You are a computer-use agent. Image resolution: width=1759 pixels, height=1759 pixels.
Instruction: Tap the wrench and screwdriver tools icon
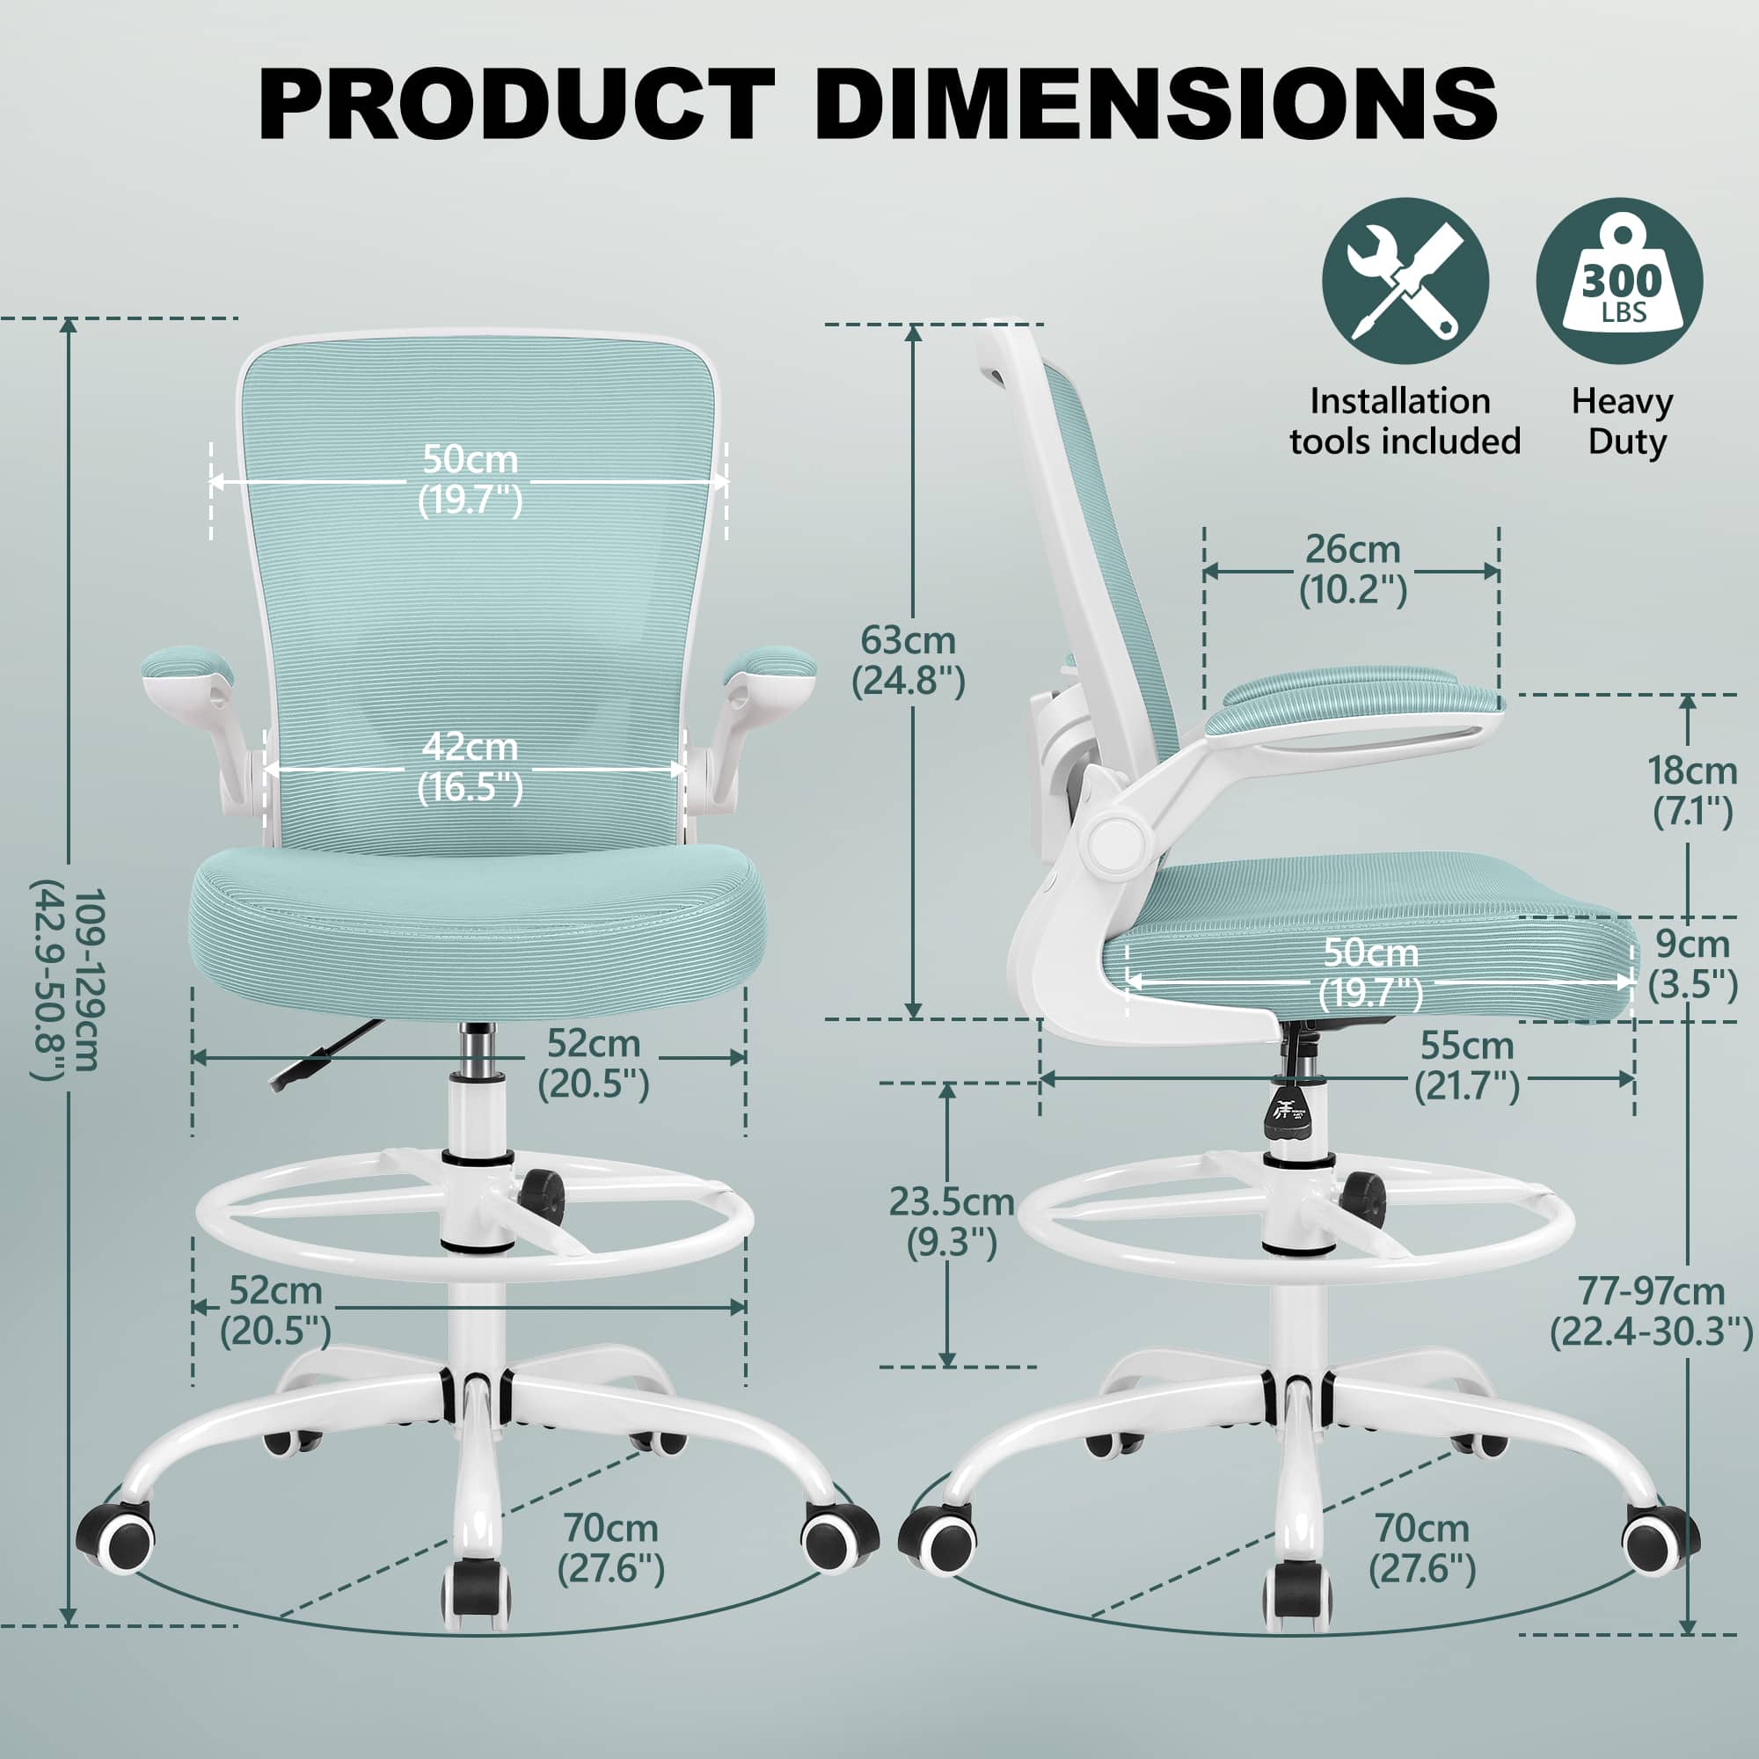tap(1405, 281)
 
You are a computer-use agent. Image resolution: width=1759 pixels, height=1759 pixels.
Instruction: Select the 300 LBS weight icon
tap(1620, 281)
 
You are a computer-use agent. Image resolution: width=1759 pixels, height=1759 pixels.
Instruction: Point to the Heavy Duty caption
tap(1623, 420)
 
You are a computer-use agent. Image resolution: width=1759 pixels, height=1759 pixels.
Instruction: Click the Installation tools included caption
tap(1405, 420)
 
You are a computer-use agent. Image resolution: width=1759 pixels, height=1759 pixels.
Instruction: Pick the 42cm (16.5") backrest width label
tap(470, 768)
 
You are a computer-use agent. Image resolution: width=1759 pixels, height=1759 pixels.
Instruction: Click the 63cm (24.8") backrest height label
tap(908, 661)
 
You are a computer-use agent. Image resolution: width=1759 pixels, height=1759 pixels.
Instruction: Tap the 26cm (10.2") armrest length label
tap(1353, 570)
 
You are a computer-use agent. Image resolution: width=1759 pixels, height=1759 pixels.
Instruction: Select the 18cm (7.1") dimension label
tap(1692, 792)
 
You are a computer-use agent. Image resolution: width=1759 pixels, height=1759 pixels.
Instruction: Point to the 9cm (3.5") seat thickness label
tap(1692, 964)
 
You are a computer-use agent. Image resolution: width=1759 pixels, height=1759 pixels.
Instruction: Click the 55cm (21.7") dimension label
tap(1467, 1066)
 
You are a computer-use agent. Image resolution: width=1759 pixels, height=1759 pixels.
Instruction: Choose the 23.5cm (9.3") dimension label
tap(952, 1223)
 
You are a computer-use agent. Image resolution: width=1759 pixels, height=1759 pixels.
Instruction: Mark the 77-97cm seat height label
tap(1651, 1312)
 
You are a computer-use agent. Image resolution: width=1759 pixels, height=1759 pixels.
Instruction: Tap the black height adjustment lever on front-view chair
tap(326, 1052)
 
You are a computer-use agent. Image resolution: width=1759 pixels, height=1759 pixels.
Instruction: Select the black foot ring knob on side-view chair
tap(1362, 1195)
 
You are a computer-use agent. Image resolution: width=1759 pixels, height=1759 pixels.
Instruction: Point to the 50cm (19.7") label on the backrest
tap(470, 480)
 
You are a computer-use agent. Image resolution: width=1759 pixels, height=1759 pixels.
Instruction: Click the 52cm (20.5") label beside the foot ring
tap(275, 1312)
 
